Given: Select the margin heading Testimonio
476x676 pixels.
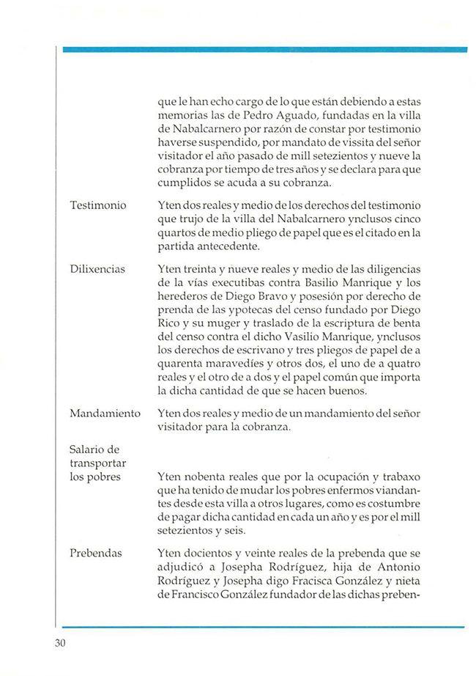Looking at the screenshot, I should [x=99, y=207].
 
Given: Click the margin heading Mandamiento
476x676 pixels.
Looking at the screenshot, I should [x=105, y=414].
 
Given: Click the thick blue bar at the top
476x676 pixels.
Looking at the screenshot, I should [x=264, y=49].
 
